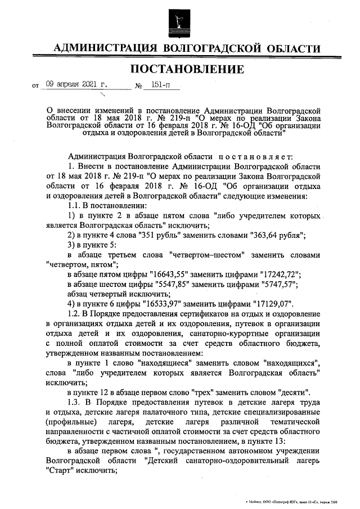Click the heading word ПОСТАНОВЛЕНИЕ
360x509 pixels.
(x=187, y=69)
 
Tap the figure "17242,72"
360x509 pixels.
(x=280, y=274)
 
